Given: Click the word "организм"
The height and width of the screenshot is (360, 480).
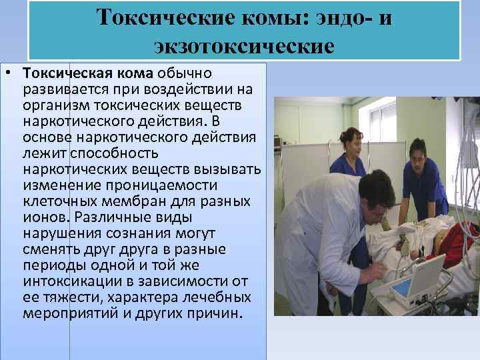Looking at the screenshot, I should tap(56, 105).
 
